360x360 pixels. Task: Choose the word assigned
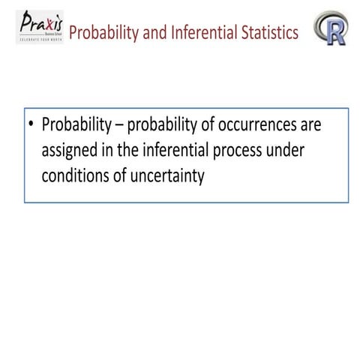point(71,152)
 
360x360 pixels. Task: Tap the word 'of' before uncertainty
point(119,178)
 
